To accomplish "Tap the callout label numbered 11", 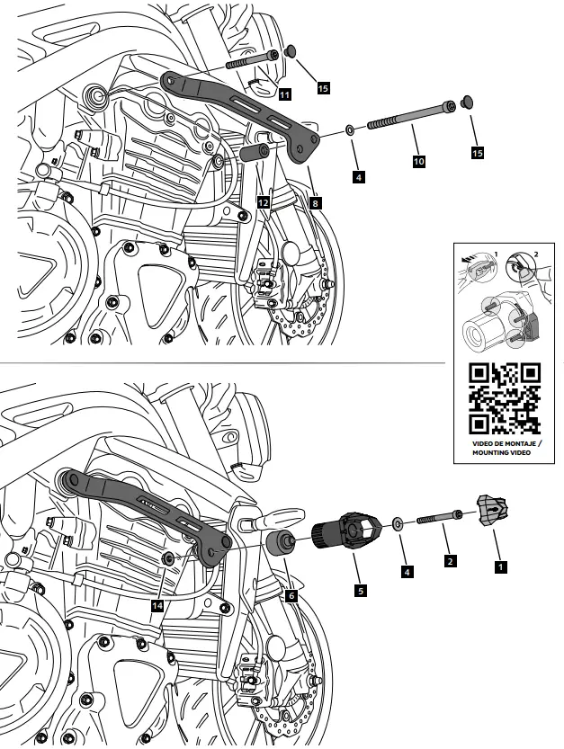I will [284, 94].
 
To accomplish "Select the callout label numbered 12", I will [263, 202].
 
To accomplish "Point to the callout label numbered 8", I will [315, 203].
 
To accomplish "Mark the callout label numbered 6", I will [291, 594].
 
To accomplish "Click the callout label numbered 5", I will [360, 592].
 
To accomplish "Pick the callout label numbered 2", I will [451, 561].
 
